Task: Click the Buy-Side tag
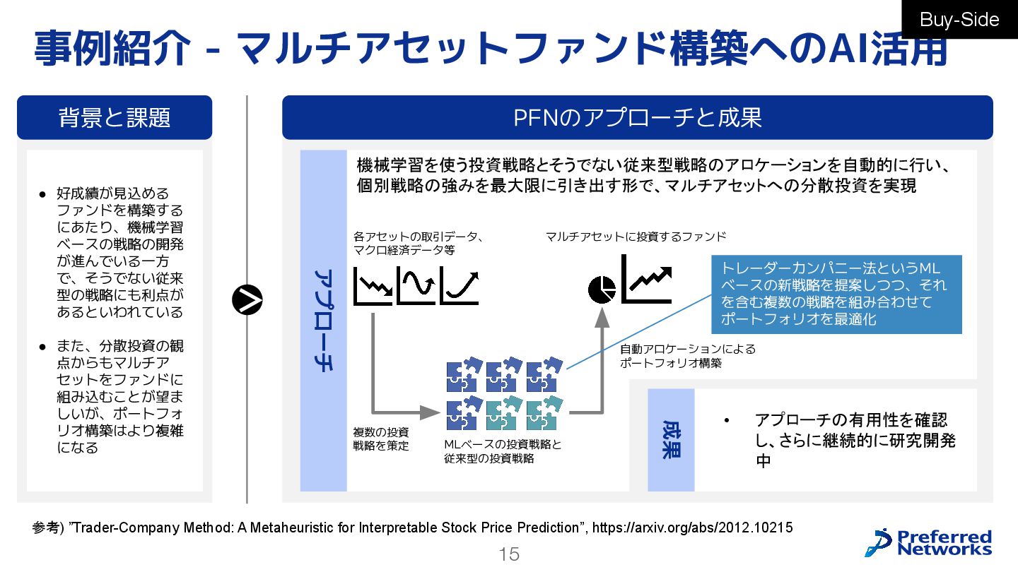pos(959,19)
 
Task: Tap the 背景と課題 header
pos(115,117)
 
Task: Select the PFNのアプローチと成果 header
pos(637,117)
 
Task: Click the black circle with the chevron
pos(247,301)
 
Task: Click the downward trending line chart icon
pos(373,285)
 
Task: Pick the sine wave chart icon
pos(416,285)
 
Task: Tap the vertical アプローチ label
pos(323,320)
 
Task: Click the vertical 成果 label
pos(671,440)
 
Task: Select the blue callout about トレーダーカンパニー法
pos(836,294)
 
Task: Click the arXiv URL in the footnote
pos(692,528)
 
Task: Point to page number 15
pos(509,554)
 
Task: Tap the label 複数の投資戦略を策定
pos(381,439)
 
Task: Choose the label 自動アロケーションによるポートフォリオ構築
pos(687,356)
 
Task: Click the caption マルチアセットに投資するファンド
pos(636,237)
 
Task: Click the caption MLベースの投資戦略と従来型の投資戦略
pos(503,451)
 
